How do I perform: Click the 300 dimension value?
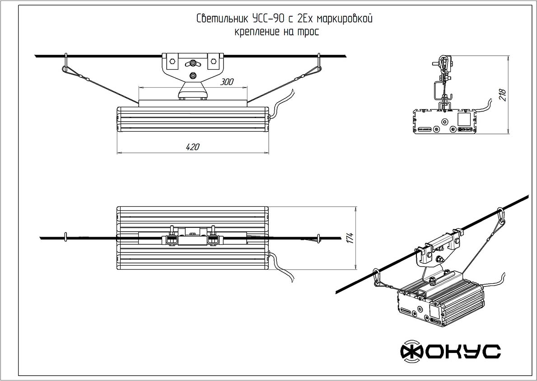tap(227, 82)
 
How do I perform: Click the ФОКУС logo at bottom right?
tap(450, 352)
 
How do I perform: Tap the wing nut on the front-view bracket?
tap(193, 63)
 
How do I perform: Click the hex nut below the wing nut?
tap(193, 76)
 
